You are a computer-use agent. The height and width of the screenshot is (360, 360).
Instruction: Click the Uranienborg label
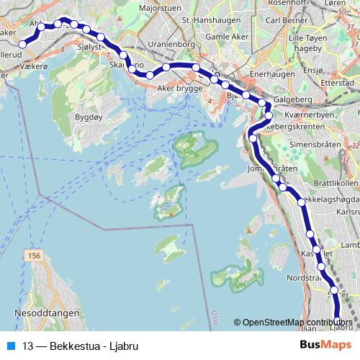coord(172,44)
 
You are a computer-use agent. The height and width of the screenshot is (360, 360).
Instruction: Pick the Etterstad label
coord(342,84)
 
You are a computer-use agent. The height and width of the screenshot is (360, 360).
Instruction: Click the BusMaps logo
coord(325,345)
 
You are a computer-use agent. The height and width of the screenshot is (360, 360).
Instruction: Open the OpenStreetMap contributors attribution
coord(299,322)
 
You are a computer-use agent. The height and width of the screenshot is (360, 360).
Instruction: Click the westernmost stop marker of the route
coord(22,44)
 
